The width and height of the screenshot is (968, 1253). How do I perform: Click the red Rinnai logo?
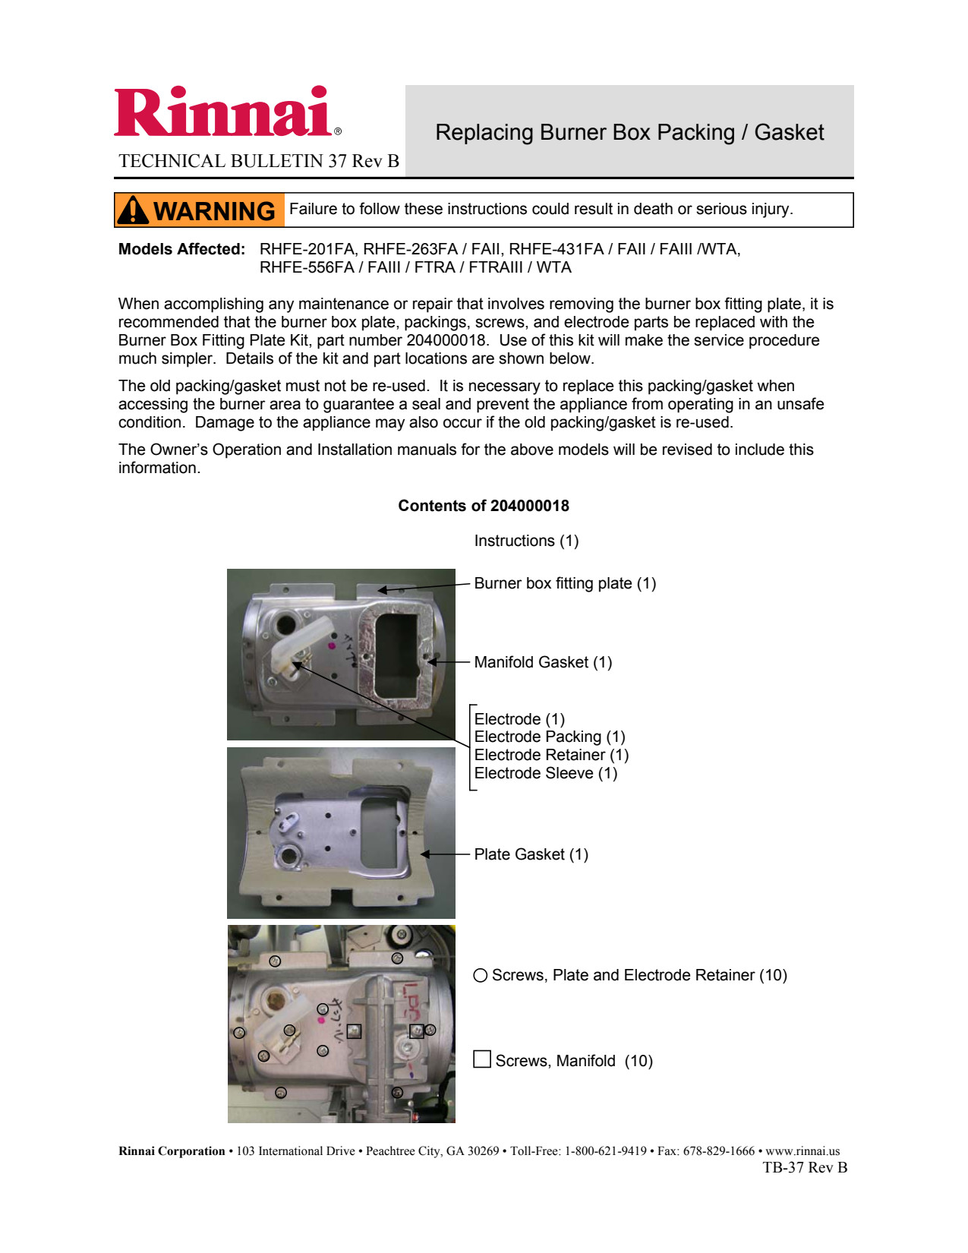click(222, 112)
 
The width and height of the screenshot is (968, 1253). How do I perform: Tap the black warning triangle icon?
click(134, 210)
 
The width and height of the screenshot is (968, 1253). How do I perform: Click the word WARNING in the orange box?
click(214, 211)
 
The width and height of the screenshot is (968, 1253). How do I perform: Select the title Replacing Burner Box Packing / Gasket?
click(629, 132)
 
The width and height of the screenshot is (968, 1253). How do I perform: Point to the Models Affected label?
click(181, 249)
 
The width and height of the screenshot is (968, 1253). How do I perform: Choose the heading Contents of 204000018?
click(484, 506)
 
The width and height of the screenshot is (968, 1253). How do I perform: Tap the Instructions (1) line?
click(526, 541)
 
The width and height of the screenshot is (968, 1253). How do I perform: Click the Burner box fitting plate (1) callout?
click(565, 583)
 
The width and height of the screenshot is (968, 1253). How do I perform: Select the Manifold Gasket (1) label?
click(543, 662)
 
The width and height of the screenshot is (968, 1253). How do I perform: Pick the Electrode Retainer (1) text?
click(551, 755)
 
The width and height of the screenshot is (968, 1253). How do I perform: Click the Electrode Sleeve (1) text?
click(545, 773)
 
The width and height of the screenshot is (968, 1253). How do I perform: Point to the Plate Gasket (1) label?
click(531, 854)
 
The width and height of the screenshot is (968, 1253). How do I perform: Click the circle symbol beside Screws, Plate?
click(480, 975)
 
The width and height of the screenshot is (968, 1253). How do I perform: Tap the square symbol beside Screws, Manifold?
click(481, 1059)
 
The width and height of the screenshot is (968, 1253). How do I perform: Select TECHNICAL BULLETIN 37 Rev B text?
click(259, 161)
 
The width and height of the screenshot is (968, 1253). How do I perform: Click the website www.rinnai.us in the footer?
click(802, 1151)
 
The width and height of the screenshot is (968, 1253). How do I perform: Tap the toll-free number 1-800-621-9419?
click(605, 1151)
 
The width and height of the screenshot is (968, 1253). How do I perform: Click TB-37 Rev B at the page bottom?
click(805, 1168)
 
